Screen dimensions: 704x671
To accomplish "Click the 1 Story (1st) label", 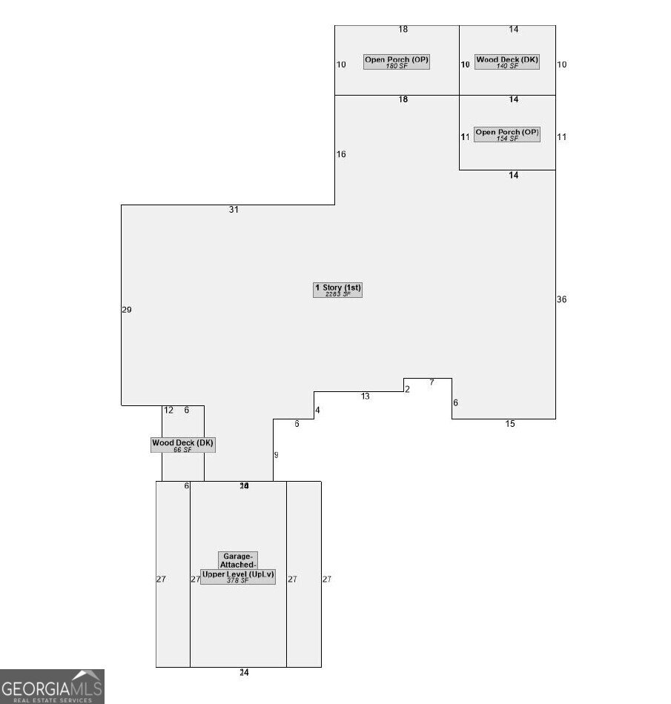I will click(x=338, y=287).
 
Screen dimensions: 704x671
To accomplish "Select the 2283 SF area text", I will click(x=338, y=294).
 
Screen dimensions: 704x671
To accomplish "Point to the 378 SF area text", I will click(x=238, y=580).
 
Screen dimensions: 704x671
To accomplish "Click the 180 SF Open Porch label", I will click(x=397, y=59).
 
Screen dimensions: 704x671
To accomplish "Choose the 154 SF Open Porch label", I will click(x=507, y=133).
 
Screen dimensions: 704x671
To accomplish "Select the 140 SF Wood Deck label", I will click(x=507, y=59).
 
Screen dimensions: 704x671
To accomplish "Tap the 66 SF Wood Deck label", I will click(x=182, y=443).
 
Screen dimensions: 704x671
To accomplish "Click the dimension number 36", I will click(x=561, y=299).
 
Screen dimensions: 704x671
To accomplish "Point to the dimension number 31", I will click(x=234, y=210).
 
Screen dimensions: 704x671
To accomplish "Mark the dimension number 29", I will click(x=127, y=310).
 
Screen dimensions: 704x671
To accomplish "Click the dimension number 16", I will click(x=341, y=154).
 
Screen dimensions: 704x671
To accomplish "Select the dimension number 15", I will click(x=510, y=424).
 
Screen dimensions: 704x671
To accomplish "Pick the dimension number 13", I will click(x=366, y=396).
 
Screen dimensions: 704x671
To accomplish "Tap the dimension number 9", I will click(x=277, y=455).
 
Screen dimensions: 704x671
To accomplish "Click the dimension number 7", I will click(x=432, y=382).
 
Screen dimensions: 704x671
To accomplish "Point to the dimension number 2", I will click(x=407, y=389).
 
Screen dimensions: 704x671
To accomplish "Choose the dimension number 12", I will click(x=168, y=410).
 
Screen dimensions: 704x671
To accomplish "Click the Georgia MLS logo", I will click(x=52, y=686).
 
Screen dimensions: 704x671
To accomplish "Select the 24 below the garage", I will click(x=244, y=673).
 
